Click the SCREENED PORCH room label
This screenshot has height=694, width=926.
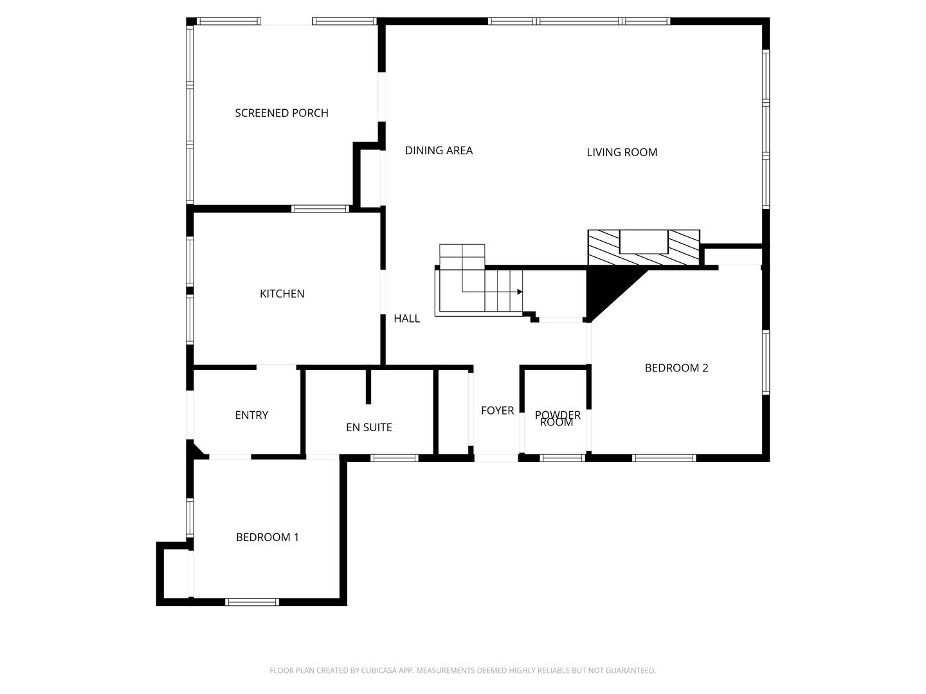282,113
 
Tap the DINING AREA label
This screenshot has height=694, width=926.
439,150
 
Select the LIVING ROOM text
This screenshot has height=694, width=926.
622,152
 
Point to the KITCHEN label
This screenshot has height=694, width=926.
282,294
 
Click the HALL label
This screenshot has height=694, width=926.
406,319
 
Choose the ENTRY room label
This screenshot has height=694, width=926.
251,415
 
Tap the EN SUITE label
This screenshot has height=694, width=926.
368,427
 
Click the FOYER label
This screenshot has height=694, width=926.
497,411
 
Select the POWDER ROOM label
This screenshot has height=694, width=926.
557,418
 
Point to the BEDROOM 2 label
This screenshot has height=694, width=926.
676,368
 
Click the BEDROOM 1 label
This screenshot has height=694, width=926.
267,537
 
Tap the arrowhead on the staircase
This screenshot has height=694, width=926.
519,292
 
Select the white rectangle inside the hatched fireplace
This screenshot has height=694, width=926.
643,242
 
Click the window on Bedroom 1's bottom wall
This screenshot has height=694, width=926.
251,602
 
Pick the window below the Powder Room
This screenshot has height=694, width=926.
561,458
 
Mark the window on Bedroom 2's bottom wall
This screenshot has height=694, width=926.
664,458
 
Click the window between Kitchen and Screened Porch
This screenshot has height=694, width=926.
320,208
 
